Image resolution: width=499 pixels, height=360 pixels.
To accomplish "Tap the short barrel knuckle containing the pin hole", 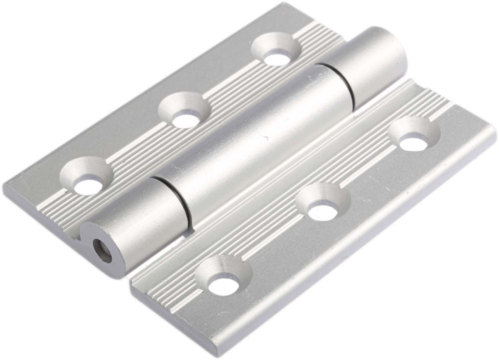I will (x=133, y=225).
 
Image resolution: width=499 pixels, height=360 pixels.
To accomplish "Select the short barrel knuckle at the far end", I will (x=370, y=62).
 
